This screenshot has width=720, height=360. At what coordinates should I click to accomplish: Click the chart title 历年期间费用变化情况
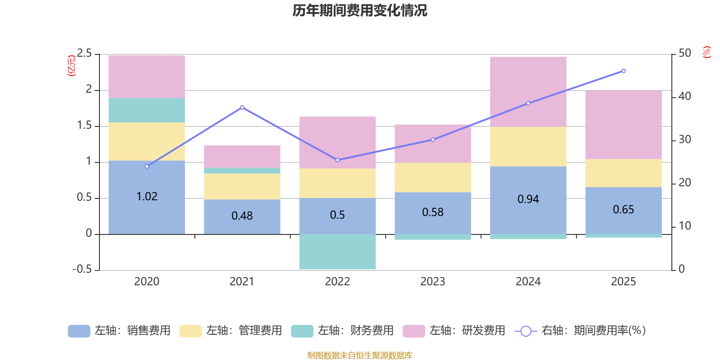coord(360,10)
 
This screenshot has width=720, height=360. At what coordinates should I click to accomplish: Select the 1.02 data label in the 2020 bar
coord(147,197)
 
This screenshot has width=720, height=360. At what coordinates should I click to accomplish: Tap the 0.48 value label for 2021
coord(242,216)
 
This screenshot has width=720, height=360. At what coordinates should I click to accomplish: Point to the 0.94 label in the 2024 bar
coord(528,199)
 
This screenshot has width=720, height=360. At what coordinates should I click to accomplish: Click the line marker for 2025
coord(623,71)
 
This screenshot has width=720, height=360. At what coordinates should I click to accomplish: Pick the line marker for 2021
coord(242,107)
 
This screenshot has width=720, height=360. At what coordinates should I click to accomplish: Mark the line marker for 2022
coord(337,160)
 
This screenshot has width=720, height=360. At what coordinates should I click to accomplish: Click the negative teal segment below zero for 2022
coord(337,252)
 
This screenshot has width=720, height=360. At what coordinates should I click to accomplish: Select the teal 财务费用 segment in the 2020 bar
coord(147,110)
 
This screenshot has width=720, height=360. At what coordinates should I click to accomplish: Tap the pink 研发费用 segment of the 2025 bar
coord(623,125)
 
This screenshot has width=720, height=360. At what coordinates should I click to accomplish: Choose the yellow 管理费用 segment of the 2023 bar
coord(433,177)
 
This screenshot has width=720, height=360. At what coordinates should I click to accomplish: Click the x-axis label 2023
coord(433,281)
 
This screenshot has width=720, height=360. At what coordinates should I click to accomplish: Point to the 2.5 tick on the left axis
coord(84,54)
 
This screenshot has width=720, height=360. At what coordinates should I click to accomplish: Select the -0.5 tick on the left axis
coord(82,269)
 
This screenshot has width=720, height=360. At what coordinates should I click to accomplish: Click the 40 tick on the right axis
coord(684,96)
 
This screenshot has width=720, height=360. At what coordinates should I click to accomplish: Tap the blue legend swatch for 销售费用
coord(79,331)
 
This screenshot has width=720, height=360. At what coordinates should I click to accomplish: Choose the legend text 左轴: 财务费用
coord(355,331)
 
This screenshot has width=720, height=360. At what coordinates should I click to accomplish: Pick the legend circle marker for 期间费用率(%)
coord(525,331)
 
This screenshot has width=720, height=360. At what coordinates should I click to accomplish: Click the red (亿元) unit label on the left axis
coord(72,66)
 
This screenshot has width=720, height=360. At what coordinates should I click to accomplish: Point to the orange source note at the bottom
coord(360,355)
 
